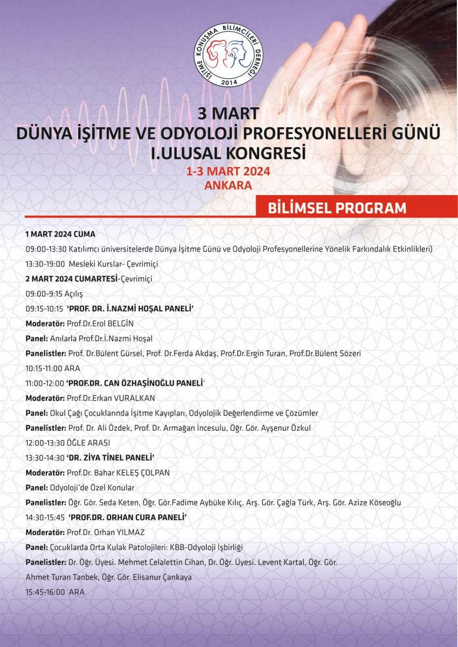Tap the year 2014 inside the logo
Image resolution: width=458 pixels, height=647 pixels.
(229, 82)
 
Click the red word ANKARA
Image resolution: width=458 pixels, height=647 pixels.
(229, 184)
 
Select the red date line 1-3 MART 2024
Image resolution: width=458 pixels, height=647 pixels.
(229, 171)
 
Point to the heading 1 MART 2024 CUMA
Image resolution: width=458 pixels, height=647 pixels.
(60, 235)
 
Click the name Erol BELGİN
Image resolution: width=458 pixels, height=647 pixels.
(108, 323)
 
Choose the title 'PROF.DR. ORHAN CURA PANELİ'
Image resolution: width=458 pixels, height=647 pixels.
(127, 517)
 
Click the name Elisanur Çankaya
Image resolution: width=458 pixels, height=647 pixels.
(165, 577)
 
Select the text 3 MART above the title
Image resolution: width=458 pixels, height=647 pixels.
(229, 114)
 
